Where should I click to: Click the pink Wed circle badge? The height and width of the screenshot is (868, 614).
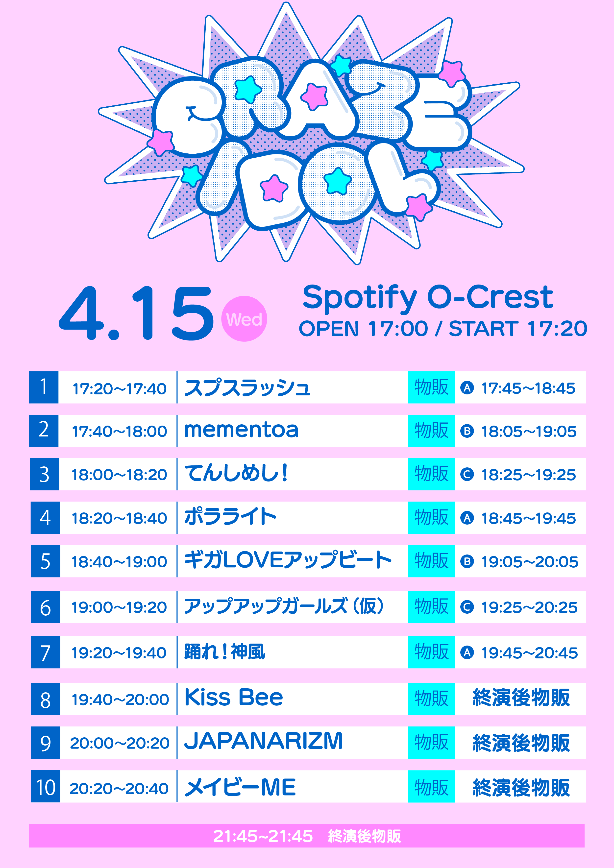pyautogui.click(x=244, y=319)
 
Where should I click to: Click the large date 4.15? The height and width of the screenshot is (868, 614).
pyautogui.click(x=136, y=313)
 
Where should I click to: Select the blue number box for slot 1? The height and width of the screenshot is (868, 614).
pyautogui.click(x=44, y=387)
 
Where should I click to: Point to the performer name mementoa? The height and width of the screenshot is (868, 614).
pyautogui.click(x=241, y=430)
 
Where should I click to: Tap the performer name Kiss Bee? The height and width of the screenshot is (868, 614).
pyautogui.click(x=234, y=698)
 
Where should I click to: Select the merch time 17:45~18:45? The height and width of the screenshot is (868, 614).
pyautogui.click(x=528, y=388)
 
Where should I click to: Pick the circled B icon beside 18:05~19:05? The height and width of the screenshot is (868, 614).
pyautogui.click(x=467, y=431)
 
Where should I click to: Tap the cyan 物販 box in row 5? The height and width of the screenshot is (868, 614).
pyautogui.click(x=431, y=561)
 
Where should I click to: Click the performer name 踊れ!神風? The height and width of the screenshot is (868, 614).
pyautogui.click(x=224, y=652)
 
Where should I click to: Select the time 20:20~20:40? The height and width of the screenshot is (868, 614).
pyautogui.click(x=119, y=789)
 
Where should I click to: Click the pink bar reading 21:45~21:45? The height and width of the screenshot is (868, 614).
pyautogui.click(x=307, y=836)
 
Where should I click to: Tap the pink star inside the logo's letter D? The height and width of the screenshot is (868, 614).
pyautogui.click(x=274, y=188)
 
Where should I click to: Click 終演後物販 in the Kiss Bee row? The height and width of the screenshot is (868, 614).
pyautogui.click(x=521, y=698)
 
